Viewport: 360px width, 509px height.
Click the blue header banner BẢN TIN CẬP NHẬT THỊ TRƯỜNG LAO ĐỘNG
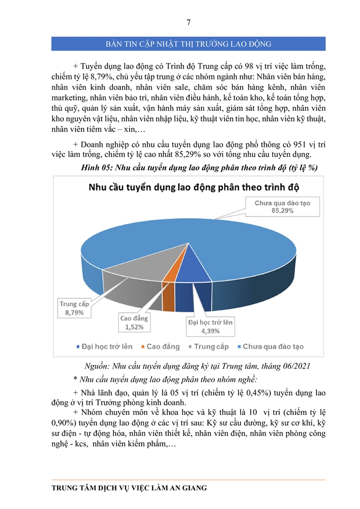coord(189,44)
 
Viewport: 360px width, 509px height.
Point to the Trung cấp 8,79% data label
coord(74,308)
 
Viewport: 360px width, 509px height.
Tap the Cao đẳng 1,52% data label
coord(134,323)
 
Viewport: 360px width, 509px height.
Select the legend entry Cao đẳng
coord(160,346)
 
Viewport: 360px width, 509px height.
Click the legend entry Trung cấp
coord(207,346)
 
